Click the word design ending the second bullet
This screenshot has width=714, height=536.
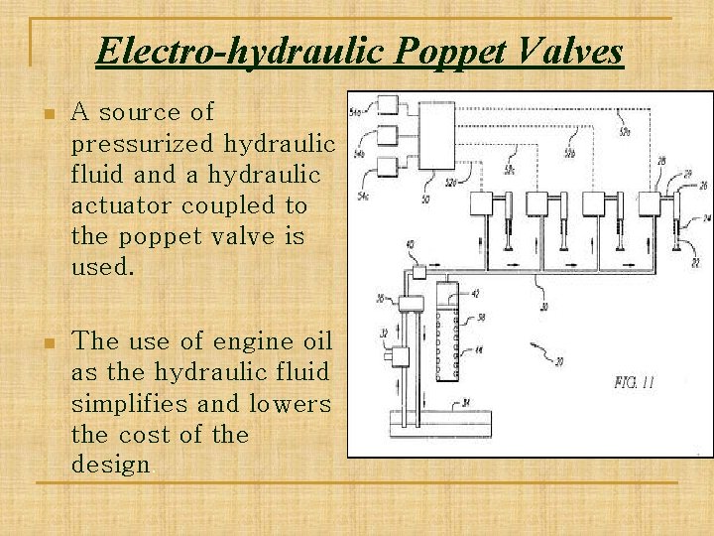coord(110,465)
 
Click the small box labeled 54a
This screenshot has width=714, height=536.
coord(387,105)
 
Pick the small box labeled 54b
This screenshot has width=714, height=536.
coord(387,132)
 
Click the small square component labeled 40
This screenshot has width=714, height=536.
coord(419,271)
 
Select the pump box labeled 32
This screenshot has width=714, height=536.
coord(401,355)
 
